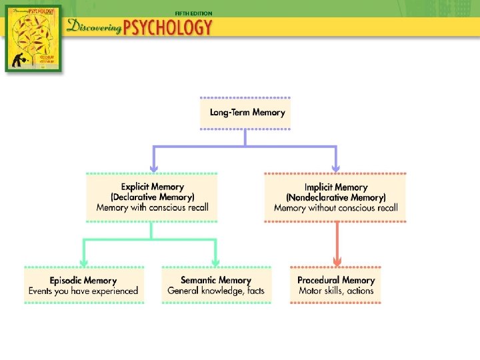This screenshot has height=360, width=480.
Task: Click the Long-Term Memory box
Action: [x=246, y=113]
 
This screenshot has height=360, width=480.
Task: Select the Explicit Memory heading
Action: [x=152, y=187]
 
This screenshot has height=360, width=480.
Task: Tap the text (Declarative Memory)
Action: [x=152, y=197]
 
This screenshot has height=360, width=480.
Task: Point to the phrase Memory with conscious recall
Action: [x=152, y=207]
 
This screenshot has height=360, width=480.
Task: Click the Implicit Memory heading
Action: [x=336, y=187]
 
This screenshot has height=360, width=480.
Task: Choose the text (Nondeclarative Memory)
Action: [x=336, y=197]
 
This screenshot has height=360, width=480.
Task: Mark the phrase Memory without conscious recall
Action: [x=336, y=208]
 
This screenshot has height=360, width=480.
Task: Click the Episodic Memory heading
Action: [x=83, y=281]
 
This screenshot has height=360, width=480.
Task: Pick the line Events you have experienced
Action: [x=83, y=291]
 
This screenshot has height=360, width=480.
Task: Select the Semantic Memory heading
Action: [x=216, y=281]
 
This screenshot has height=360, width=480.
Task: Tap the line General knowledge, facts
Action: [x=216, y=291]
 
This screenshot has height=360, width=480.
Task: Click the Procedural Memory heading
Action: [x=336, y=281]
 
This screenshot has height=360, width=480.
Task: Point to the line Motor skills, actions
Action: [x=336, y=291]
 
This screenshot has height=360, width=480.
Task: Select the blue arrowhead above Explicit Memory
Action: [x=154, y=167]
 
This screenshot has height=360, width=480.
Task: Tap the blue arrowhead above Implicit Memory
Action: [x=336, y=167]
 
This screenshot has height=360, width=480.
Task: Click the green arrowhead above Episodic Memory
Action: [x=83, y=261]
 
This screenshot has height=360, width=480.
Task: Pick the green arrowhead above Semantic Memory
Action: [x=215, y=261]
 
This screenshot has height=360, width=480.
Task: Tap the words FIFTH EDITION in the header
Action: [x=193, y=13]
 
